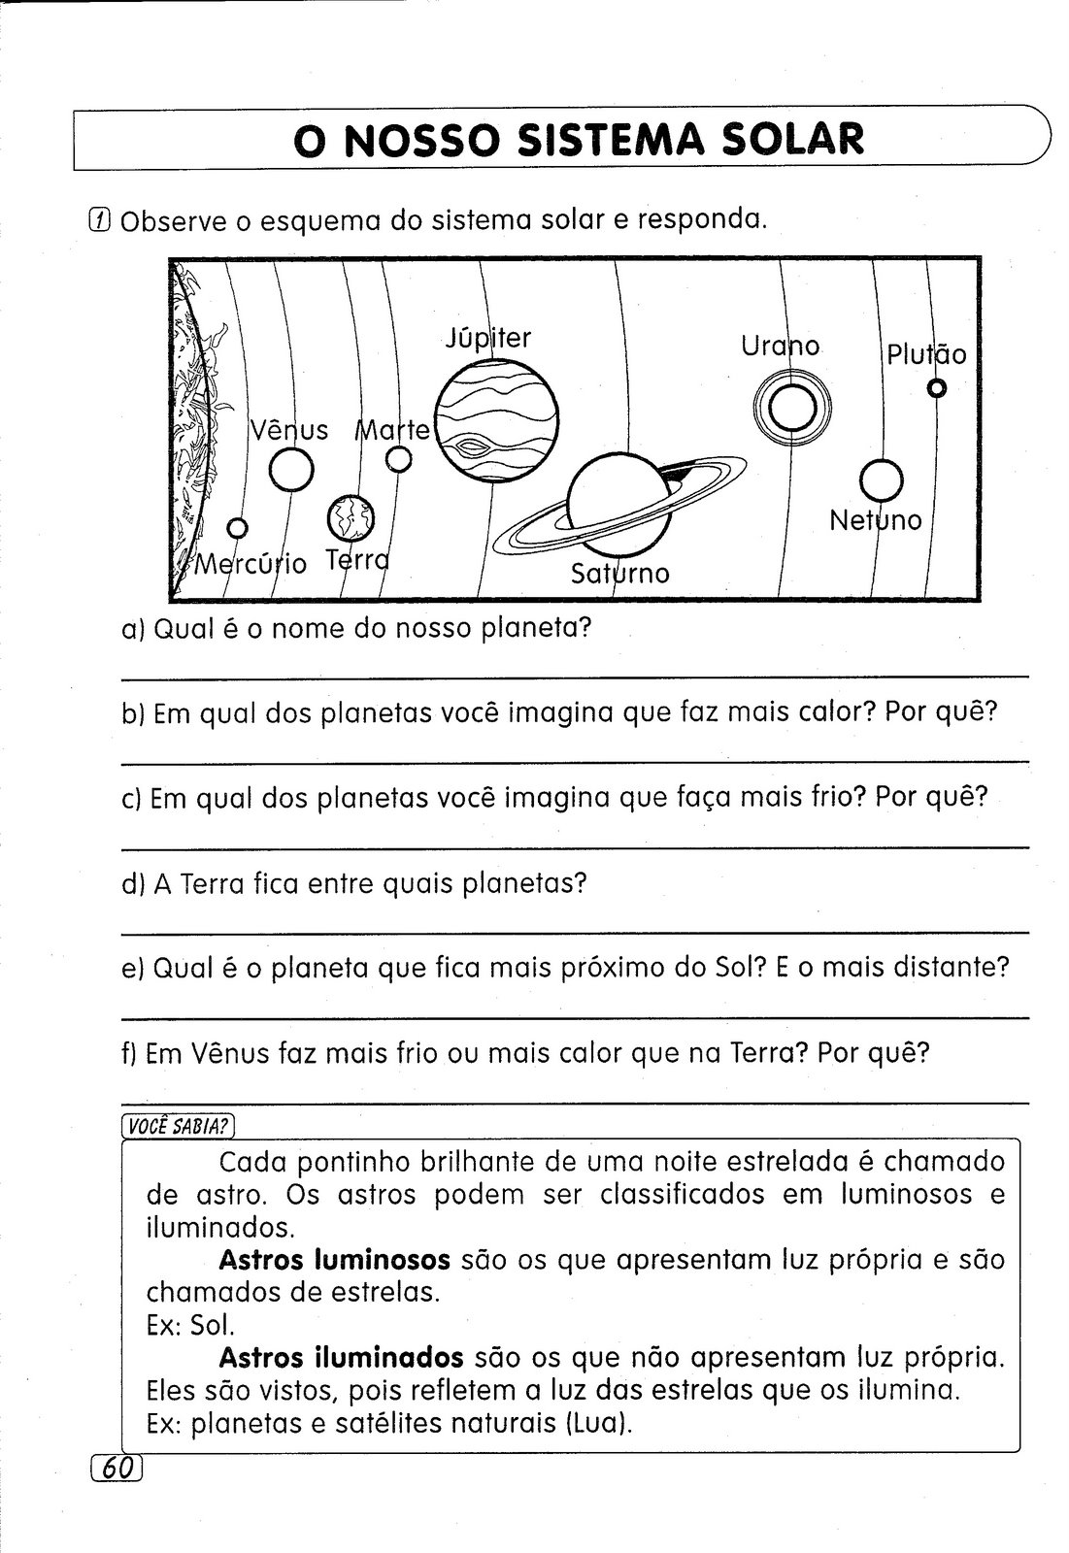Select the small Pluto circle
click(x=936, y=388)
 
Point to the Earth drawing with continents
click(x=349, y=518)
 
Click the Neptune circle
click(x=882, y=479)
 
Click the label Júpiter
click(x=488, y=338)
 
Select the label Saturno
click(x=620, y=574)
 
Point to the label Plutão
click(x=926, y=354)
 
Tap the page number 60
click(x=116, y=1469)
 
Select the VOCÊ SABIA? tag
click(x=179, y=1126)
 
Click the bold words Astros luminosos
click(x=334, y=1260)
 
